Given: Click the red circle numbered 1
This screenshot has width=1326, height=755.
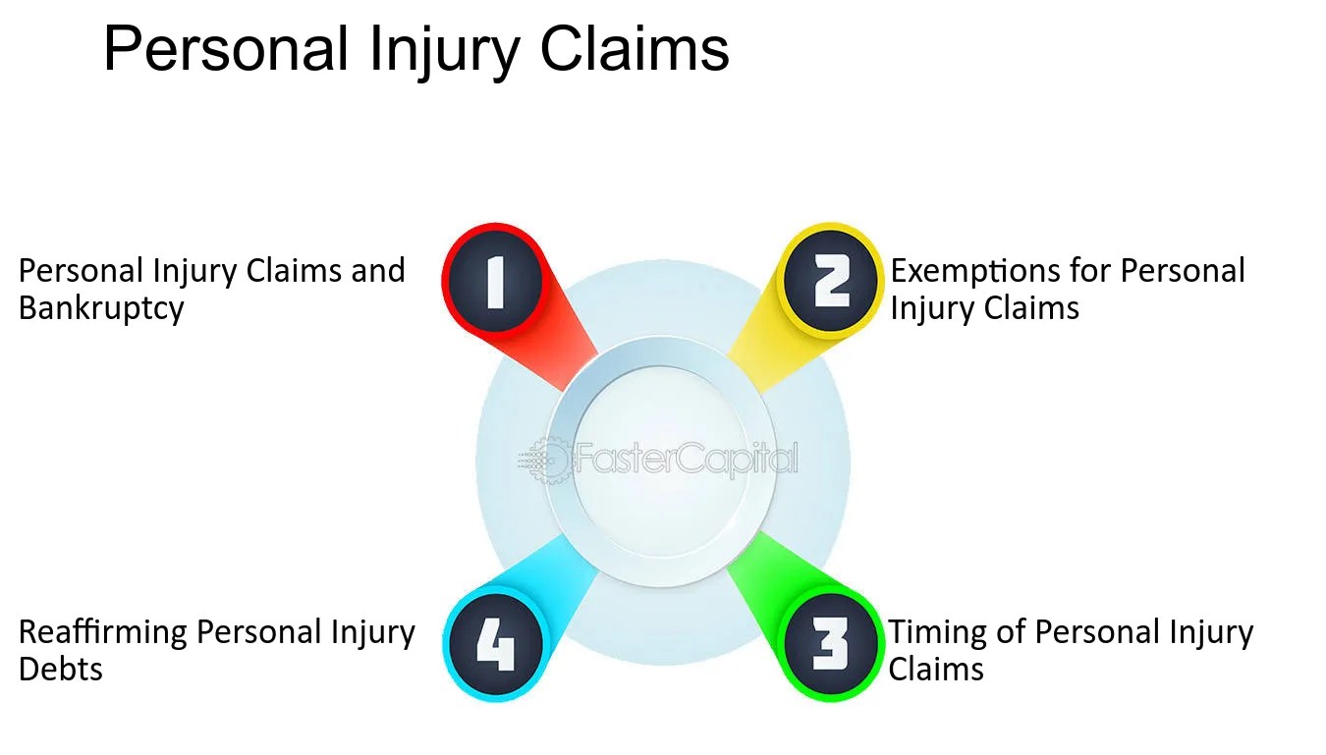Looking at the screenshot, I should [494, 280].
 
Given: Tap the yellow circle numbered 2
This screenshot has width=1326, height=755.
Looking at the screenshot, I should [831, 280].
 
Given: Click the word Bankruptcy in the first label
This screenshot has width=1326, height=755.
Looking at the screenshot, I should [101, 308].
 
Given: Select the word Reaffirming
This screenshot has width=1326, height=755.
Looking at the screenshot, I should [103, 632].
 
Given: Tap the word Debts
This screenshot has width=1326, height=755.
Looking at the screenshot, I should [61, 670].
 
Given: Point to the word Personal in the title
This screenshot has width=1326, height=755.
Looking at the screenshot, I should [226, 50].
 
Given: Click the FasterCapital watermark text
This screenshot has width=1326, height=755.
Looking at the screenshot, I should [685, 458].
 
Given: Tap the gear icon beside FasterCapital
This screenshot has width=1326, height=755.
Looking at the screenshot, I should [545, 458].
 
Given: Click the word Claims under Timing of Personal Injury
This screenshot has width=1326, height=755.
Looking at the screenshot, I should [936, 670].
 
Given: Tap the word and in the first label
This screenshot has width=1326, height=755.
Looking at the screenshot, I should [378, 271].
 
